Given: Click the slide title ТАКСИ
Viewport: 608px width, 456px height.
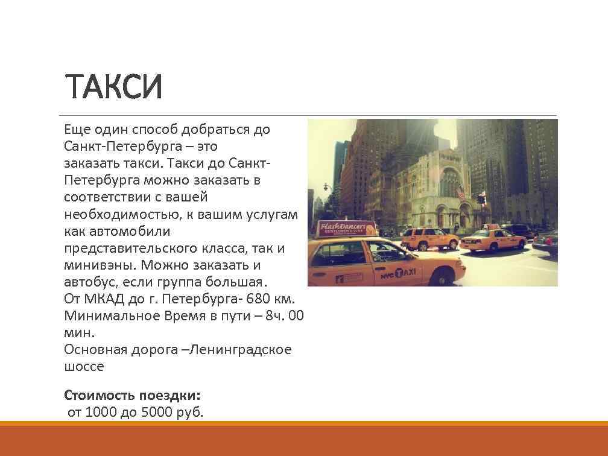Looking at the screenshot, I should tap(113, 87).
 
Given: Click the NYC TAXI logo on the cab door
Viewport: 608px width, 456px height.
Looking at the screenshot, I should tap(399, 273).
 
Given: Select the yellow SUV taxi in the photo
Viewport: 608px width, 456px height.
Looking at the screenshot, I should tap(429, 239).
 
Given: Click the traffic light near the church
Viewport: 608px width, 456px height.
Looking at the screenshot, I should tap(481, 199).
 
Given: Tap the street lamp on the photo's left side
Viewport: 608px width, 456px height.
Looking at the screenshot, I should tap(326, 187).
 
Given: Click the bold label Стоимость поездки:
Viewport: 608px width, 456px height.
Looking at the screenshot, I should tap(132, 396).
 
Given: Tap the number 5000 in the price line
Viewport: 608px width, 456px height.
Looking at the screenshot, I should tap(157, 413).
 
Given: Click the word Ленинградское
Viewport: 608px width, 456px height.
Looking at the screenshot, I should tap(241, 349).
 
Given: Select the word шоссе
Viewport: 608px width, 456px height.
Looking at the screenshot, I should tap(84, 366).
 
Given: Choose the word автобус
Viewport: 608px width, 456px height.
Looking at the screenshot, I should tap(90, 282).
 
